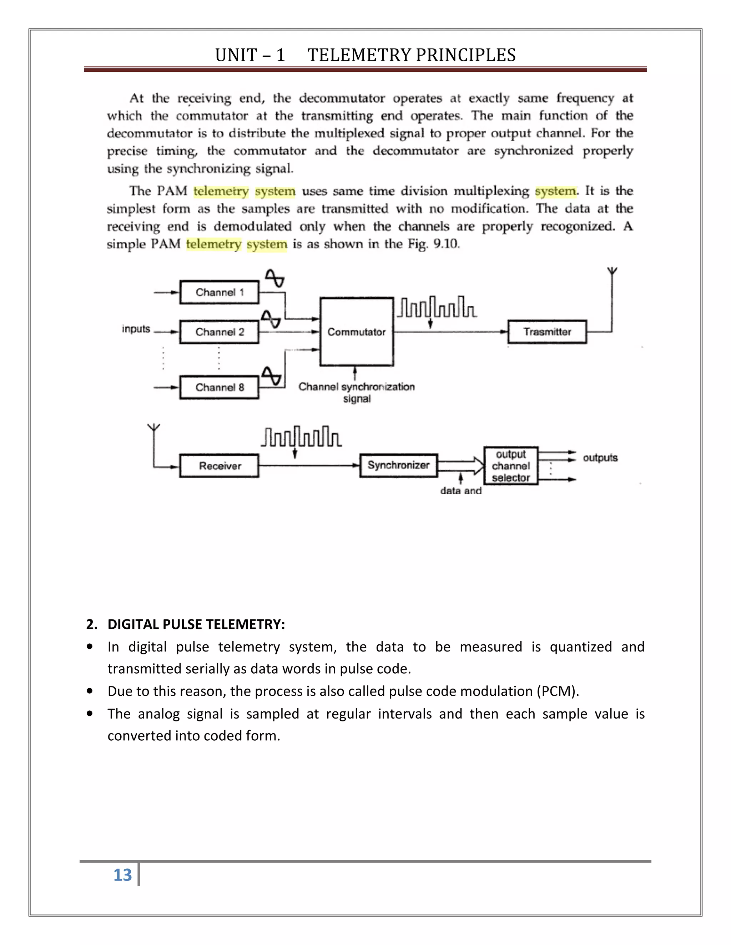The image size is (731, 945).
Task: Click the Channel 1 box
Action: pyautogui.click(x=220, y=292)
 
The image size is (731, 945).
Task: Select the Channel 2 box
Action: pyautogui.click(x=220, y=332)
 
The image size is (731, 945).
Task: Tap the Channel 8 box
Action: pyautogui.click(x=220, y=387)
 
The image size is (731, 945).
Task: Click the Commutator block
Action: pyautogui.click(x=357, y=332)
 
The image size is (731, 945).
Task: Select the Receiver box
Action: pyautogui.click(x=220, y=466)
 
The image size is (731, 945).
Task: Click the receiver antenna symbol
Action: pyautogui.click(x=153, y=428)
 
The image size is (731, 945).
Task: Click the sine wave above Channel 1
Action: pyautogui.click(x=274, y=278)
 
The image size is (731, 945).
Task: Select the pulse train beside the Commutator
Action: pyautogui.click(x=437, y=307)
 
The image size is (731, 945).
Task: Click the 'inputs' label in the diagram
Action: pyautogui.click(x=136, y=329)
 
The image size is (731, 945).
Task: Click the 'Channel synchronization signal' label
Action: pyautogui.click(x=357, y=393)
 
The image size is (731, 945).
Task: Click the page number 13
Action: pyautogui.click(x=122, y=875)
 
